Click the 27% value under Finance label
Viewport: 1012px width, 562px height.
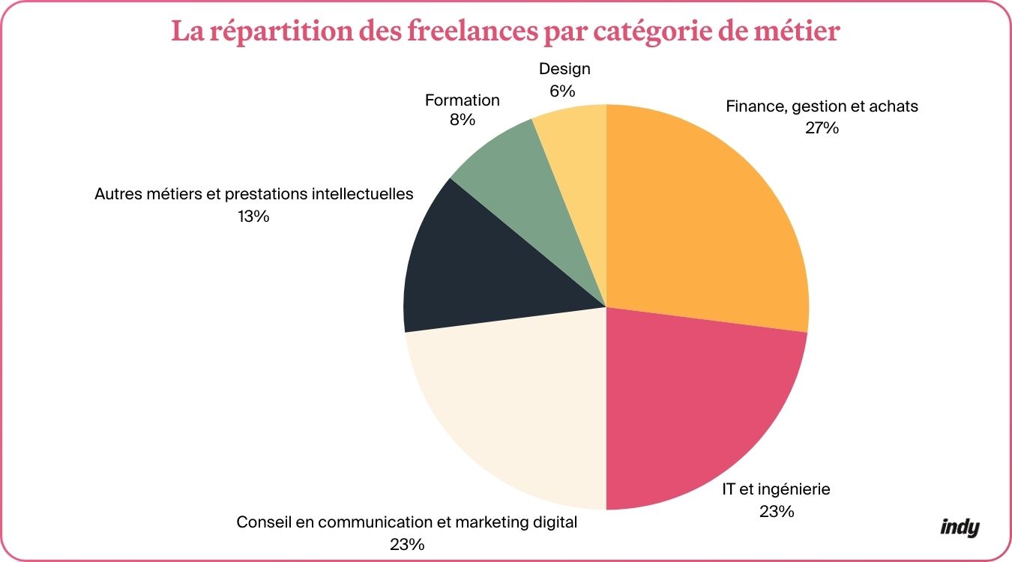pos(822,127)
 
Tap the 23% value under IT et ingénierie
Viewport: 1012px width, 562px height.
pos(776,512)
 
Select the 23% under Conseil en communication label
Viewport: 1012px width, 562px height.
pos(407,543)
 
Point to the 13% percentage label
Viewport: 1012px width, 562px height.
pos(253,217)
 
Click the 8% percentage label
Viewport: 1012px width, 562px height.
pos(462,120)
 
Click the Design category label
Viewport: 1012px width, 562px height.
pos(564,69)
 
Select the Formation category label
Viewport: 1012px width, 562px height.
pos(462,100)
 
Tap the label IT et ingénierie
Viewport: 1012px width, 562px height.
pos(776,490)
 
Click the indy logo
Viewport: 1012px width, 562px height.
pos(960,528)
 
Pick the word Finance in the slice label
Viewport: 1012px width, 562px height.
pos(753,106)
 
